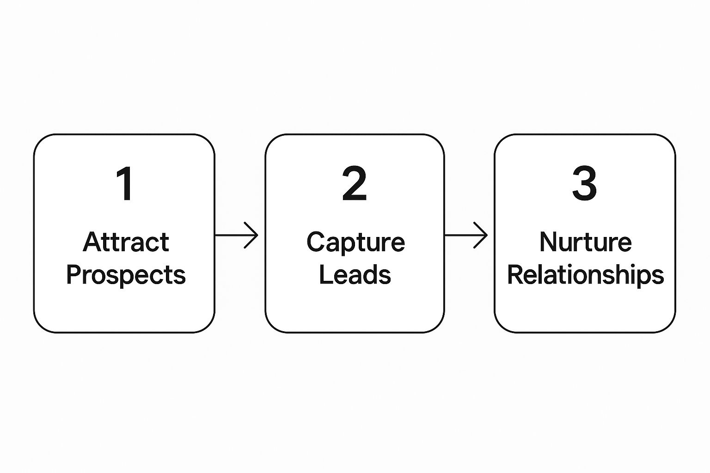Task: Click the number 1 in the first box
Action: tap(125, 183)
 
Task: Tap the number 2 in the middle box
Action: tap(355, 183)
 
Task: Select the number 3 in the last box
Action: tap(584, 183)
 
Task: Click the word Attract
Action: tap(126, 242)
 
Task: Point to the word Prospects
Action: tap(126, 275)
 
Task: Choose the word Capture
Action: tap(355, 243)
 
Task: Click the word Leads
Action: tap(355, 274)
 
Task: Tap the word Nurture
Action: tap(586, 242)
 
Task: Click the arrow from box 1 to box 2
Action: tap(237, 235)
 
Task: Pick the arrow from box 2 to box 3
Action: tap(466, 235)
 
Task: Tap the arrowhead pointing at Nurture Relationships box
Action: tap(481, 235)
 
